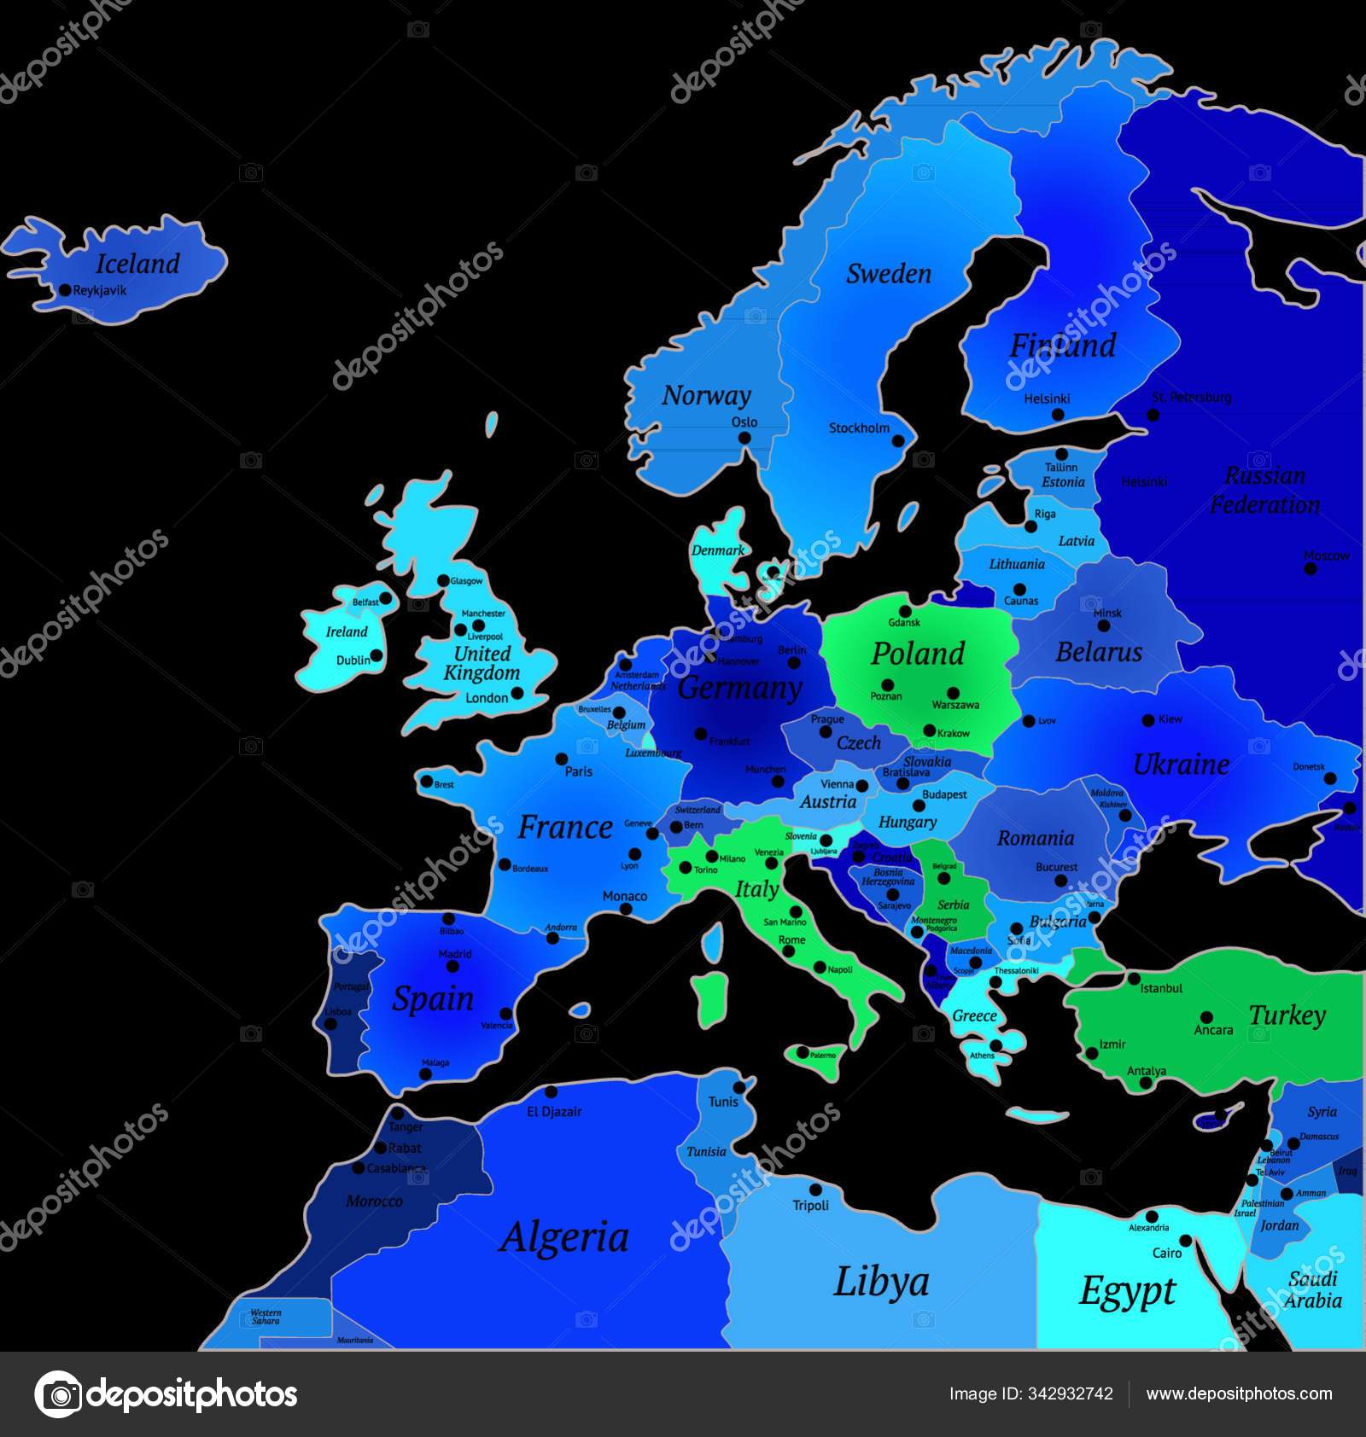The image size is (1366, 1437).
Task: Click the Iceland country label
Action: coord(137,264)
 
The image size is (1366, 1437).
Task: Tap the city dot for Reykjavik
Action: coord(65,290)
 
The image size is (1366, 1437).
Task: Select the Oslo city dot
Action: coord(744,438)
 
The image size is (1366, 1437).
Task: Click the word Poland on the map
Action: coord(917,654)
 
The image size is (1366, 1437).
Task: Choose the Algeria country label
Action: coord(564,1236)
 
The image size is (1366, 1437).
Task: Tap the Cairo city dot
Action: coord(1186,1240)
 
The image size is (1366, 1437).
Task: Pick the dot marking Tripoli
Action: coord(815,1190)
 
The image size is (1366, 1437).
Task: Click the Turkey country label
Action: coord(1287,1015)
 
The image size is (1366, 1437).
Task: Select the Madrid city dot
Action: coord(453,967)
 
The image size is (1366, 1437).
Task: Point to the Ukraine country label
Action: coord(1181,764)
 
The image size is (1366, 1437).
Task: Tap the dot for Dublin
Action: coord(377,655)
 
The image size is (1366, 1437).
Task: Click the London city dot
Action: coord(517,693)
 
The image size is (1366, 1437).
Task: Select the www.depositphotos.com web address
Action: coord(1239,1393)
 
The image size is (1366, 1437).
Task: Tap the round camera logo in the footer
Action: coord(59,1394)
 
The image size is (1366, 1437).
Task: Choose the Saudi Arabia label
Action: coord(1313,1289)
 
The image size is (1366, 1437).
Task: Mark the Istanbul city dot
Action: coord(1135,978)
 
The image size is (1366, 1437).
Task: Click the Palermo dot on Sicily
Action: coord(802,1053)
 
